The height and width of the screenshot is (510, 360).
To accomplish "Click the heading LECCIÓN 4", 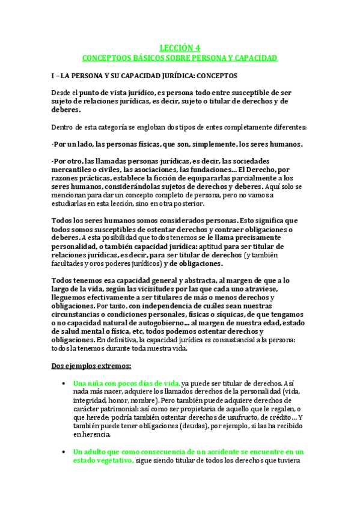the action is coord(180,48).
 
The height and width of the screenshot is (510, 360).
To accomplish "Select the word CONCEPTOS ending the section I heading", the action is coord(216,76).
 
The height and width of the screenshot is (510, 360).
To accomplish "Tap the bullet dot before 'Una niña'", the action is coord(63,383).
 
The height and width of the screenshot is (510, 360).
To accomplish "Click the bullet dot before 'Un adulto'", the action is coord(63,452).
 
